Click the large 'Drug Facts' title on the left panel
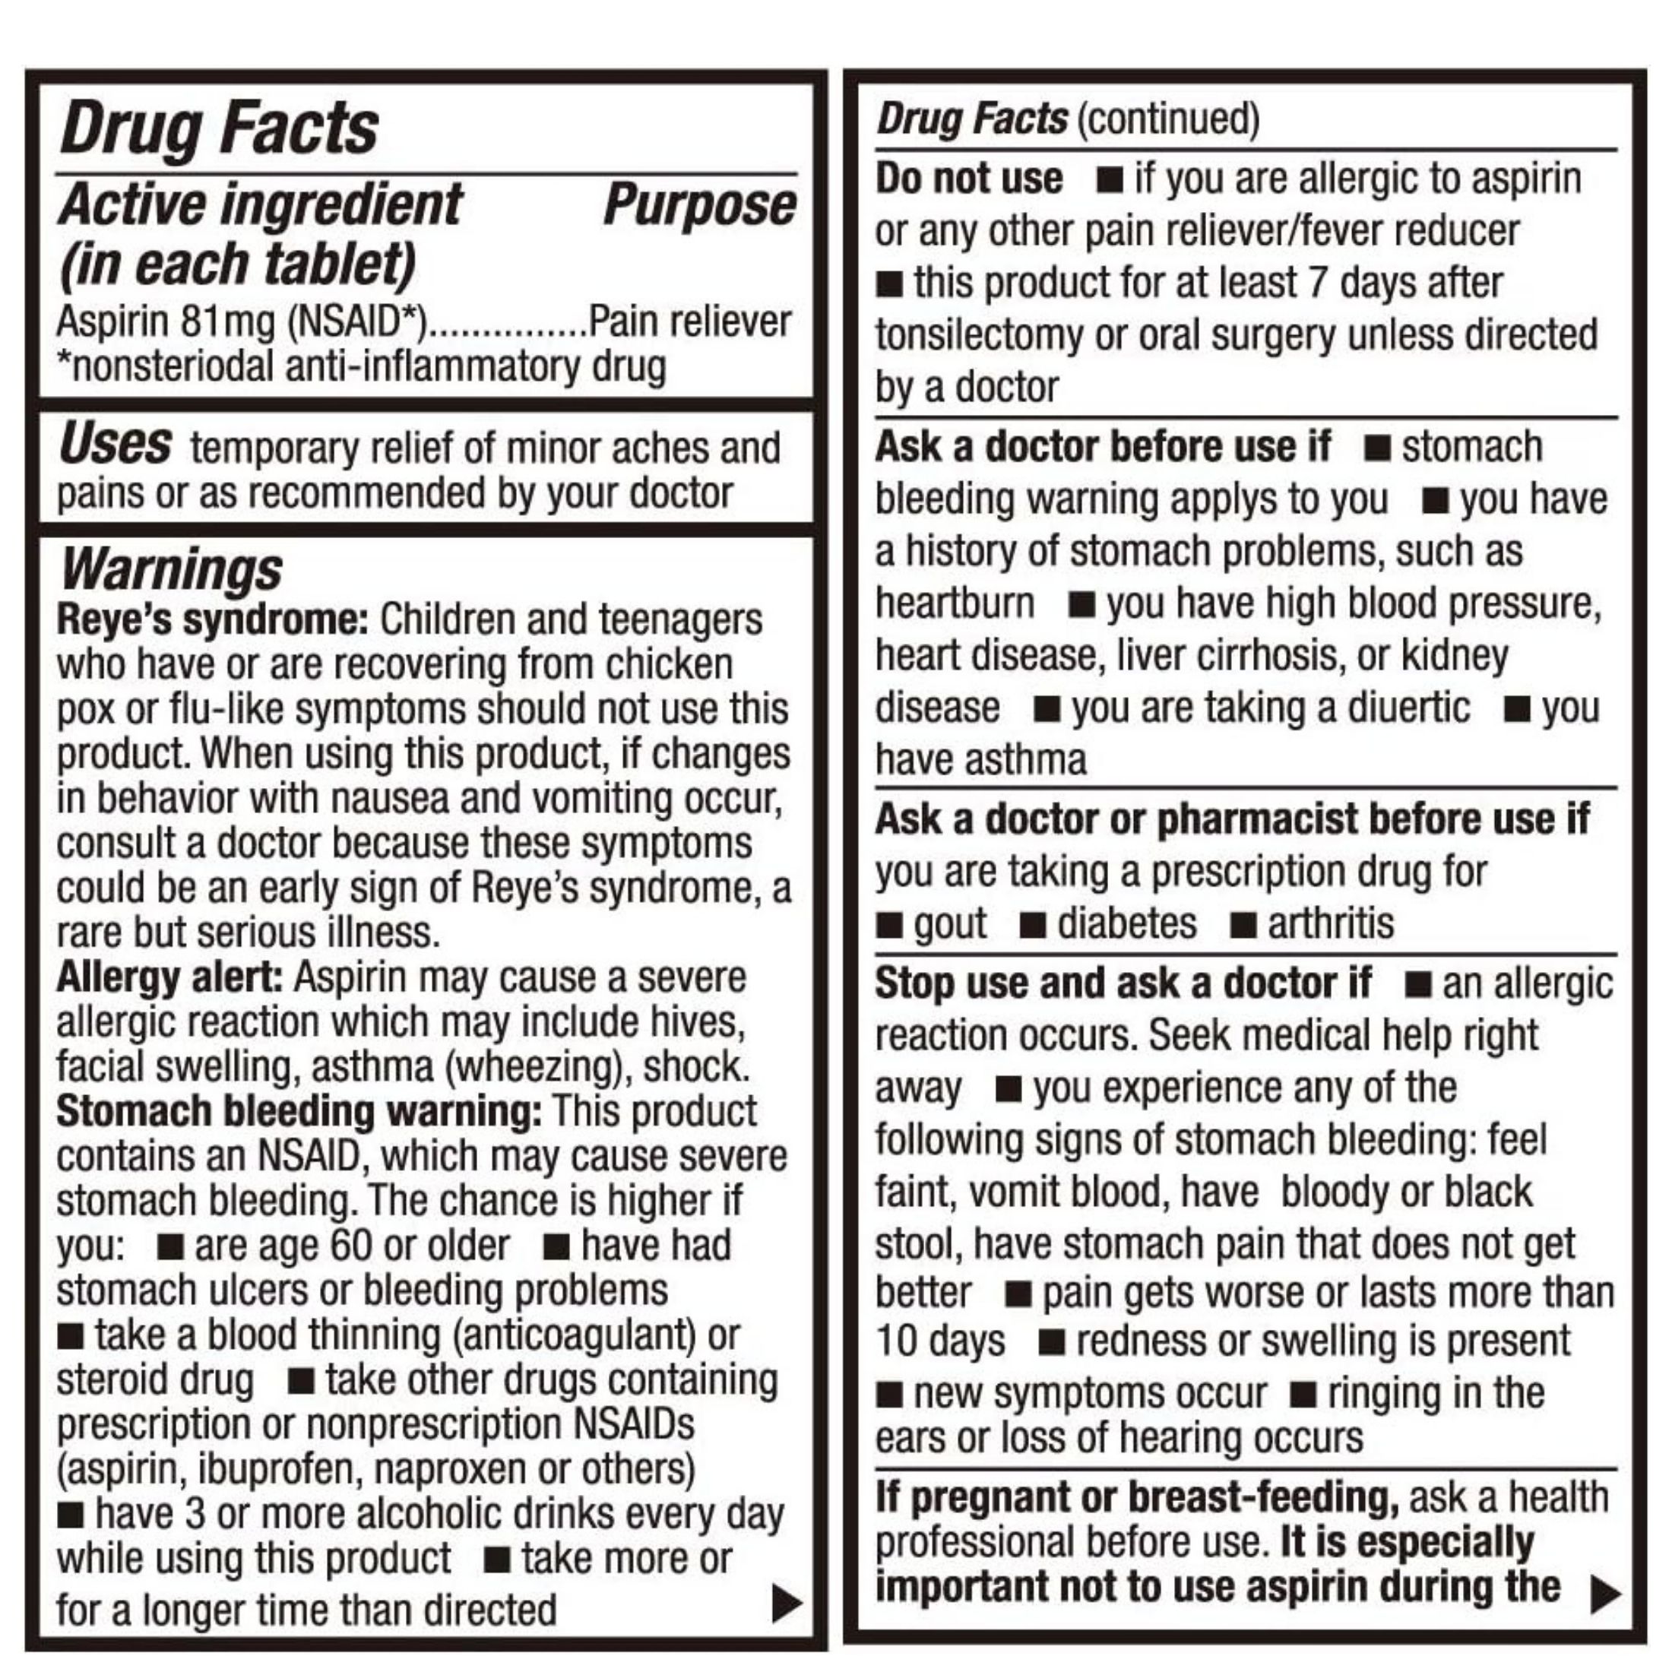click(219, 128)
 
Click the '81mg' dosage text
click(227, 322)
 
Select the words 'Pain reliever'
click(690, 322)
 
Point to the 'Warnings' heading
click(171, 568)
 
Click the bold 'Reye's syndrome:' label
click(213, 619)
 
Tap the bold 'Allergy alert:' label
click(169, 978)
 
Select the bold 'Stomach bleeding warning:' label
click(299, 1111)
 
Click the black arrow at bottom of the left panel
click(786, 1604)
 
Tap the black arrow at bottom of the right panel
click(1605, 1593)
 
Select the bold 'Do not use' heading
click(968, 179)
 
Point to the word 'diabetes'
click(1127, 923)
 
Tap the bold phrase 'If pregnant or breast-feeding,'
click(1137, 1496)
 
